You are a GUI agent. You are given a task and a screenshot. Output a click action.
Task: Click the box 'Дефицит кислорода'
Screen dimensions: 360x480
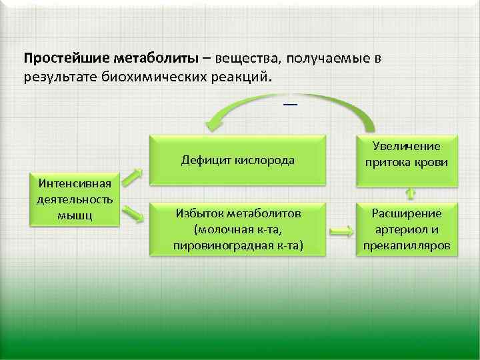click(238, 160)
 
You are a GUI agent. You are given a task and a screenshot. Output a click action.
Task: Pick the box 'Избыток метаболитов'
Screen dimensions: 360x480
click(238, 229)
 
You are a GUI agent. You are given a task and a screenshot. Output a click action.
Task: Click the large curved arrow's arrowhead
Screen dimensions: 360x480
click(215, 123)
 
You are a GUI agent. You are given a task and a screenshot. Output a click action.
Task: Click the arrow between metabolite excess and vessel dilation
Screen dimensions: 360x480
click(341, 231)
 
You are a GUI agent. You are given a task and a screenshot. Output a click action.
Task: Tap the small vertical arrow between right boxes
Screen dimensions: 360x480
click(410, 193)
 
